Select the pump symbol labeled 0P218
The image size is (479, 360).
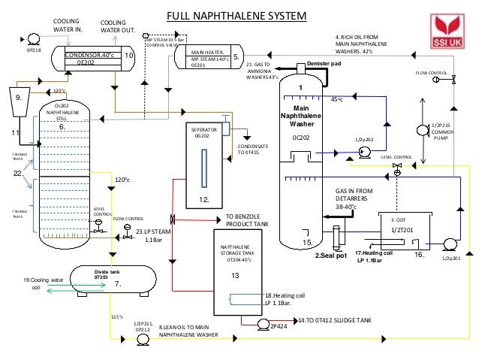click(33, 38)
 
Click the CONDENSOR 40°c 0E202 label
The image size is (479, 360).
click(90, 59)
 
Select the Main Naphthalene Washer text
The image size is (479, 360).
click(300, 116)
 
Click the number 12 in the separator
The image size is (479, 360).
click(203, 199)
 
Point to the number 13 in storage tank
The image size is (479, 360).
click(234, 276)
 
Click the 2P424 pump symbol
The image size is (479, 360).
click(263, 324)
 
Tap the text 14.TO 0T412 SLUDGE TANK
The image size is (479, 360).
click(334, 320)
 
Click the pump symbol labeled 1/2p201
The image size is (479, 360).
click(450, 244)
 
